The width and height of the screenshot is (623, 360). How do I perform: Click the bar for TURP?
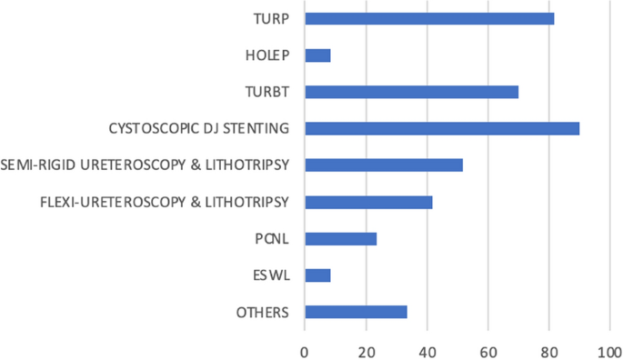(429, 18)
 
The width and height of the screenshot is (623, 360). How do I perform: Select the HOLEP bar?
(317, 55)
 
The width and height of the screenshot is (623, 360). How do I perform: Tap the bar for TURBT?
(411, 92)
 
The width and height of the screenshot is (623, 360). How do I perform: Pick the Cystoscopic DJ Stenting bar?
(442, 128)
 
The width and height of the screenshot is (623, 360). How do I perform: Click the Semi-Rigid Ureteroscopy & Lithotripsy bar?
(384, 165)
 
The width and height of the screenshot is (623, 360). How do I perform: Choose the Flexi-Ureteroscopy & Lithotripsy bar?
(368, 202)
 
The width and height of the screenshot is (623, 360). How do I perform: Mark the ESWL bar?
(317, 275)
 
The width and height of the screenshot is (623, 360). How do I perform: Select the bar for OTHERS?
(356, 313)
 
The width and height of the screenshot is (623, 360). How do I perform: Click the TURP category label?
(271, 18)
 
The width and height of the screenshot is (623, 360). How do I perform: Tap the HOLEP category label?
(267, 55)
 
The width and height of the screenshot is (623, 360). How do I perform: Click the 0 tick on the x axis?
(305, 348)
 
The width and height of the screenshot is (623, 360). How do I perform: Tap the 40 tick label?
(427, 348)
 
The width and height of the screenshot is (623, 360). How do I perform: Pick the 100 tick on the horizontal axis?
(607, 348)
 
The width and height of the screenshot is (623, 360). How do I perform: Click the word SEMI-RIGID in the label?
(37, 165)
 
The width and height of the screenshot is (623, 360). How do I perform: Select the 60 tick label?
(487, 348)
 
